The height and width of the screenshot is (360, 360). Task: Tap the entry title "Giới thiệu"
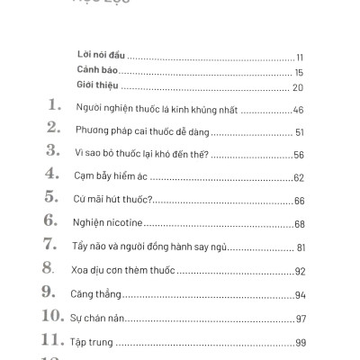(x=97, y=87)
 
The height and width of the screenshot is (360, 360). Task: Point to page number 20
(x=297, y=87)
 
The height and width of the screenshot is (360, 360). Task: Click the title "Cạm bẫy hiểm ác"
(x=103, y=176)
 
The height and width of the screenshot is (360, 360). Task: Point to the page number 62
(x=300, y=176)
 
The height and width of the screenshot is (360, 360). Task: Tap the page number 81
(x=301, y=247)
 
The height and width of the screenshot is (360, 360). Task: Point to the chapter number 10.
(x=50, y=316)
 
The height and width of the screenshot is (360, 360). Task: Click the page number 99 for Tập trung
(x=300, y=343)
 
